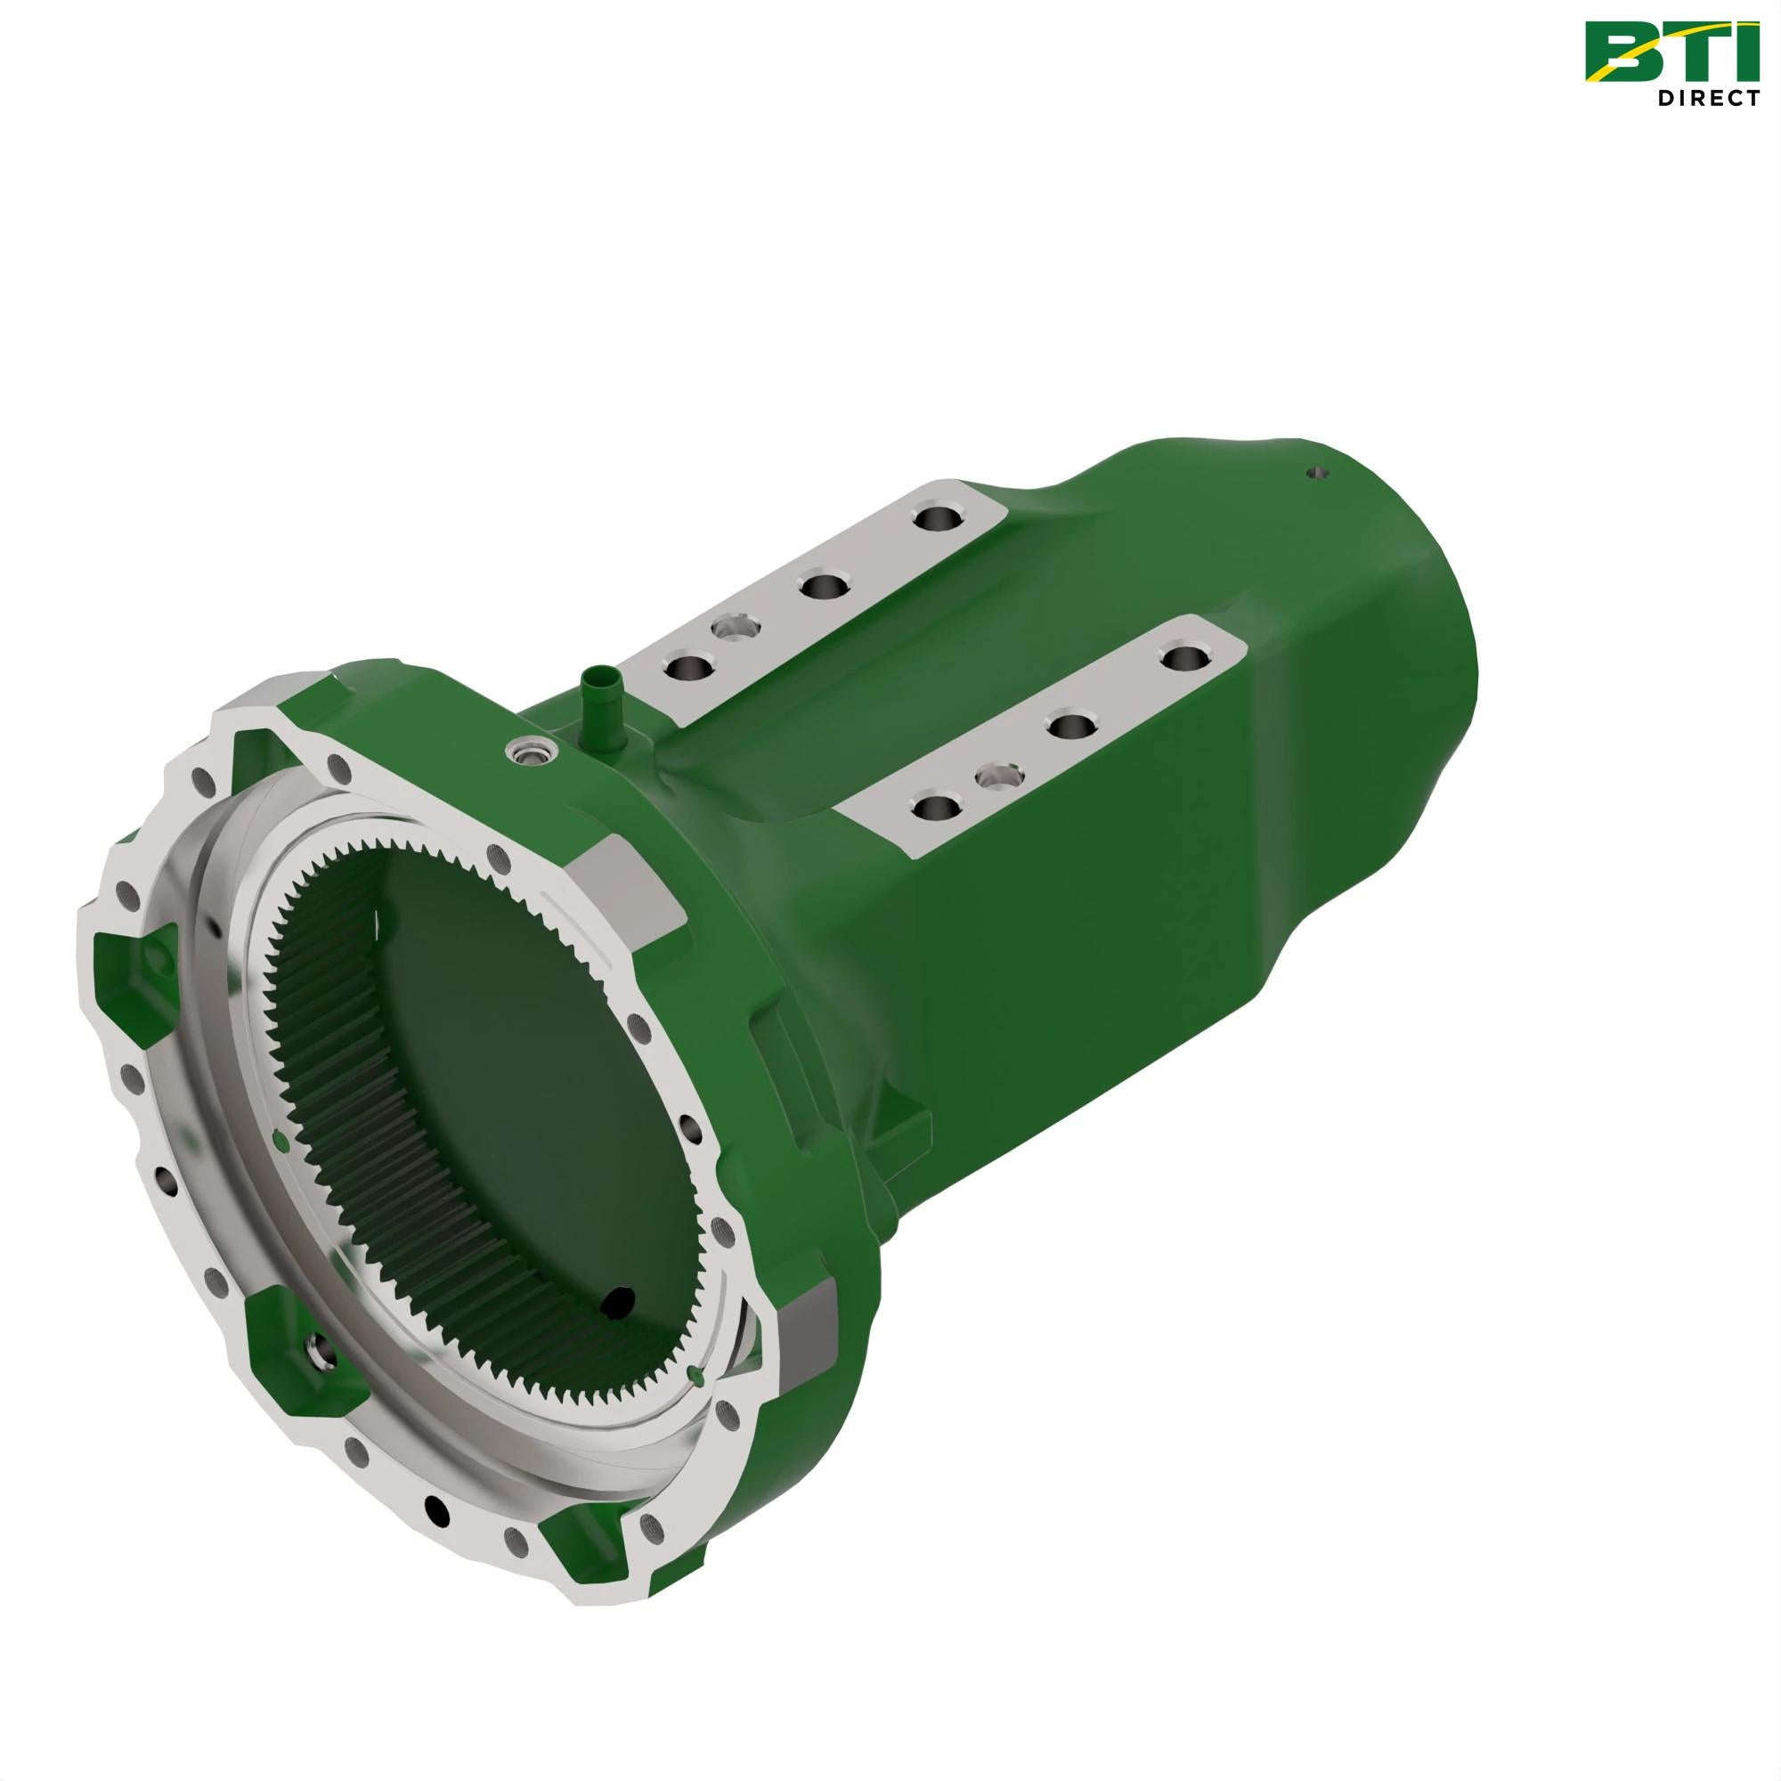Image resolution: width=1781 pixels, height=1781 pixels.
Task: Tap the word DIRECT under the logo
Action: (x=1708, y=98)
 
